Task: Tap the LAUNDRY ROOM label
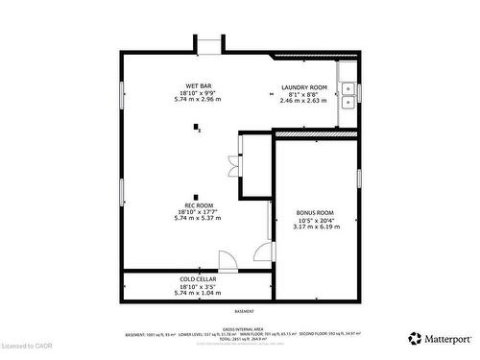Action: tap(304, 87)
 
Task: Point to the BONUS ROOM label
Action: tap(313, 212)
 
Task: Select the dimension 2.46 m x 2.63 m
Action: tap(304, 101)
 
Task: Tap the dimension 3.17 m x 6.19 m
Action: tap(313, 226)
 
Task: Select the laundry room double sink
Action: tap(348, 93)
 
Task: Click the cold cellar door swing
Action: tap(227, 260)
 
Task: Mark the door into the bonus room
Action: tap(262, 252)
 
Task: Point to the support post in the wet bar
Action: tap(198, 127)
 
